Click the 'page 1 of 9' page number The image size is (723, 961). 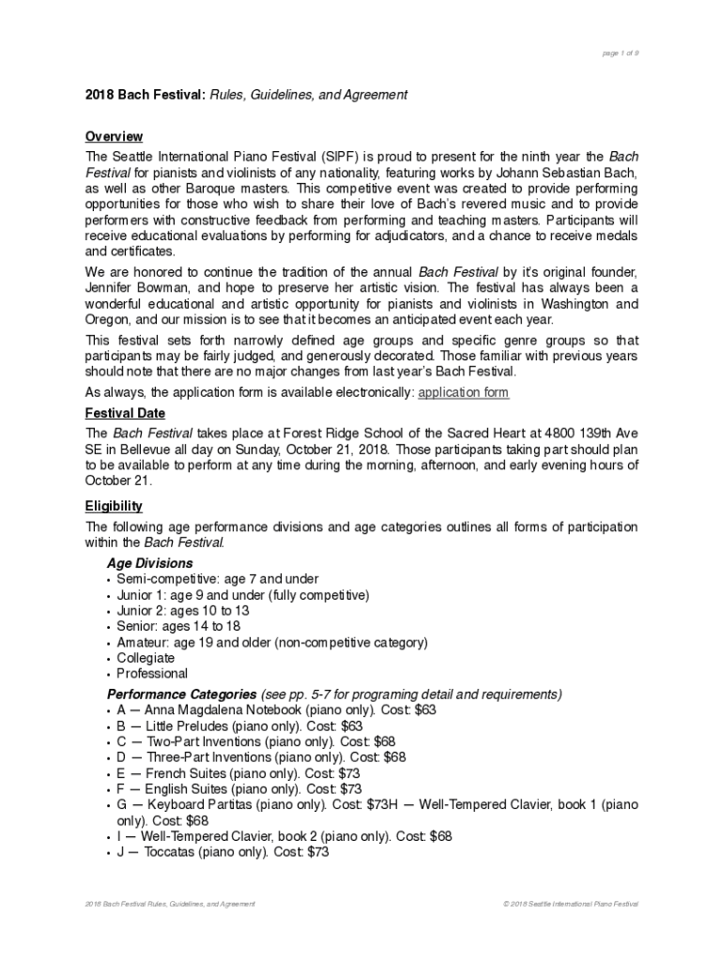[621, 53]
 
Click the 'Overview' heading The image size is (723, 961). [114, 137]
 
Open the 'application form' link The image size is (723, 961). [463, 392]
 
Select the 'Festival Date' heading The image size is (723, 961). [125, 413]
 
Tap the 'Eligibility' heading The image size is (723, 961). [114, 506]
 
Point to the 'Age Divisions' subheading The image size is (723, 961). [149, 563]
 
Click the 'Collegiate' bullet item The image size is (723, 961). [146, 658]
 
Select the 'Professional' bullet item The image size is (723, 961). [152, 673]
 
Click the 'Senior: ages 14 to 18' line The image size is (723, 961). [178, 626]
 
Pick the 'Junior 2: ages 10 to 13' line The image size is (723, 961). [183, 610]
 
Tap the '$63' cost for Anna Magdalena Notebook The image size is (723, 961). [424, 710]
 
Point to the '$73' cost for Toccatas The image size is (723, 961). [317, 852]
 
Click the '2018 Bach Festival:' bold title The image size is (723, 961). [146, 95]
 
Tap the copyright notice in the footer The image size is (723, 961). [571, 904]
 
